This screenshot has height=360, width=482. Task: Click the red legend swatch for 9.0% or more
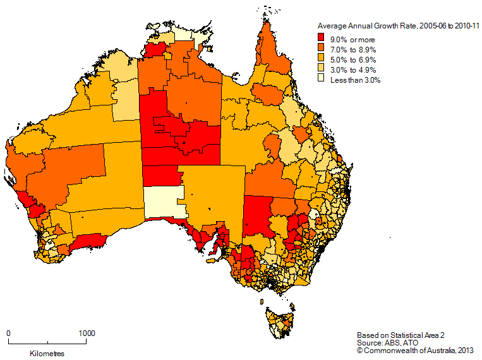(x=322, y=40)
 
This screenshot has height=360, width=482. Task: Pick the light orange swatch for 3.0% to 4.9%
(x=322, y=70)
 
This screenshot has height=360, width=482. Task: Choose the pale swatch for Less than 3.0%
(x=322, y=80)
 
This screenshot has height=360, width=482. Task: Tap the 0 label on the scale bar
(x=9, y=333)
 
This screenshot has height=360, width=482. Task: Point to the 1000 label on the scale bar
(x=87, y=333)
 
